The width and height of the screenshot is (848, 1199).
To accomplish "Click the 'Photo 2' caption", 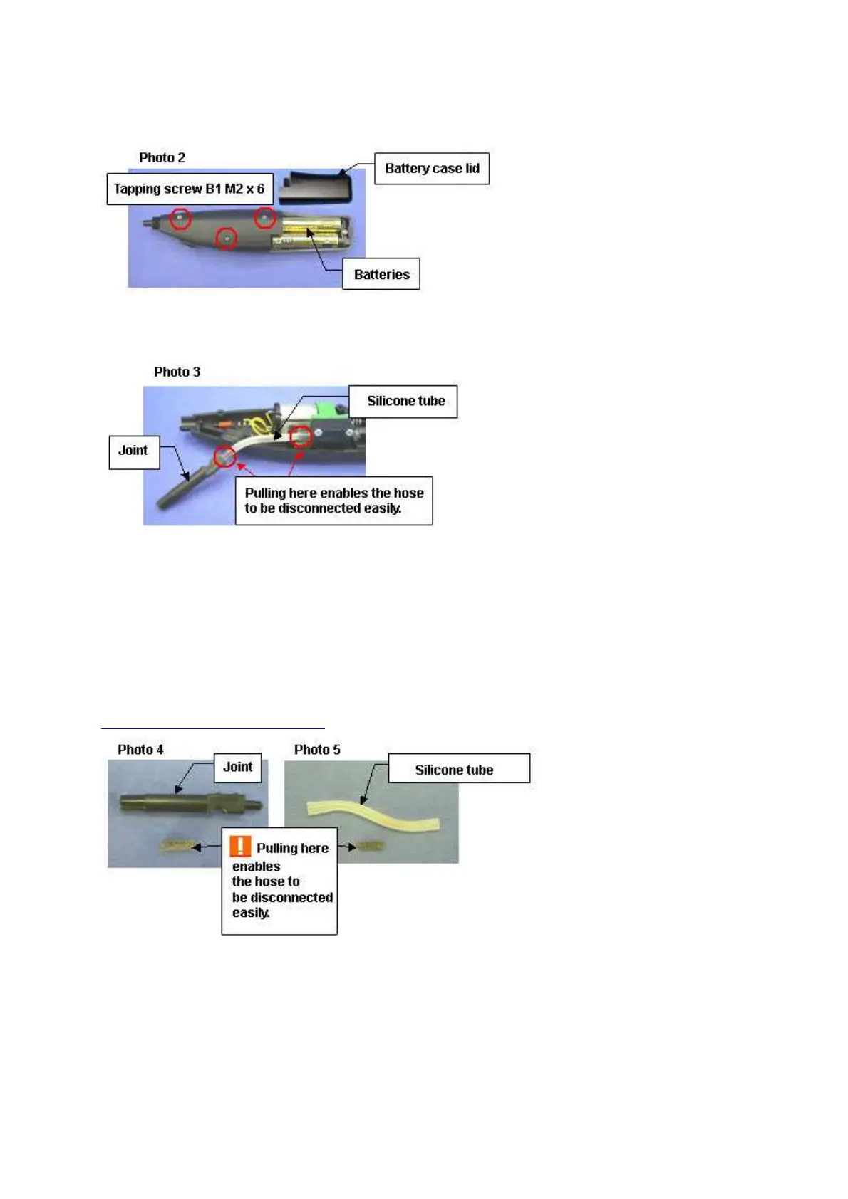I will coord(162,157).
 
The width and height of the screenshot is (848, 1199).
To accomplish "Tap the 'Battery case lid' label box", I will coord(432,169).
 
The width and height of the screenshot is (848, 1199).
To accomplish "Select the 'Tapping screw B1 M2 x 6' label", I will coord(190,189).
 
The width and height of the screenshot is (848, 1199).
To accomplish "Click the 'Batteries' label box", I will coord(381,274).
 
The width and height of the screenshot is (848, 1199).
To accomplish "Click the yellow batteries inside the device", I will coord(311,233).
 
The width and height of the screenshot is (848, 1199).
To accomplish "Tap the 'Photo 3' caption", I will coord(177,372).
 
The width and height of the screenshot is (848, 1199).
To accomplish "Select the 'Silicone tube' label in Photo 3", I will coord(405,401).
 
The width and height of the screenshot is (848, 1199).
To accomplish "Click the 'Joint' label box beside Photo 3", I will coord(133,451).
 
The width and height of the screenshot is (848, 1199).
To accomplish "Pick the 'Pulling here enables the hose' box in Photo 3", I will coord(333,501).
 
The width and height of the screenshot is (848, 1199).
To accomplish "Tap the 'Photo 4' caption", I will coord(140,749).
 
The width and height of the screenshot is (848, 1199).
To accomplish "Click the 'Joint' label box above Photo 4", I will coord(237,767).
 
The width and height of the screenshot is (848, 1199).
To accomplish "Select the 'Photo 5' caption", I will coord(317,749).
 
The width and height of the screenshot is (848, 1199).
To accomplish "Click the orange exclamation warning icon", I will coord(240,846).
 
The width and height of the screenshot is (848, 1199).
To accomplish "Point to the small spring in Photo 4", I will coord(177,847).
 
